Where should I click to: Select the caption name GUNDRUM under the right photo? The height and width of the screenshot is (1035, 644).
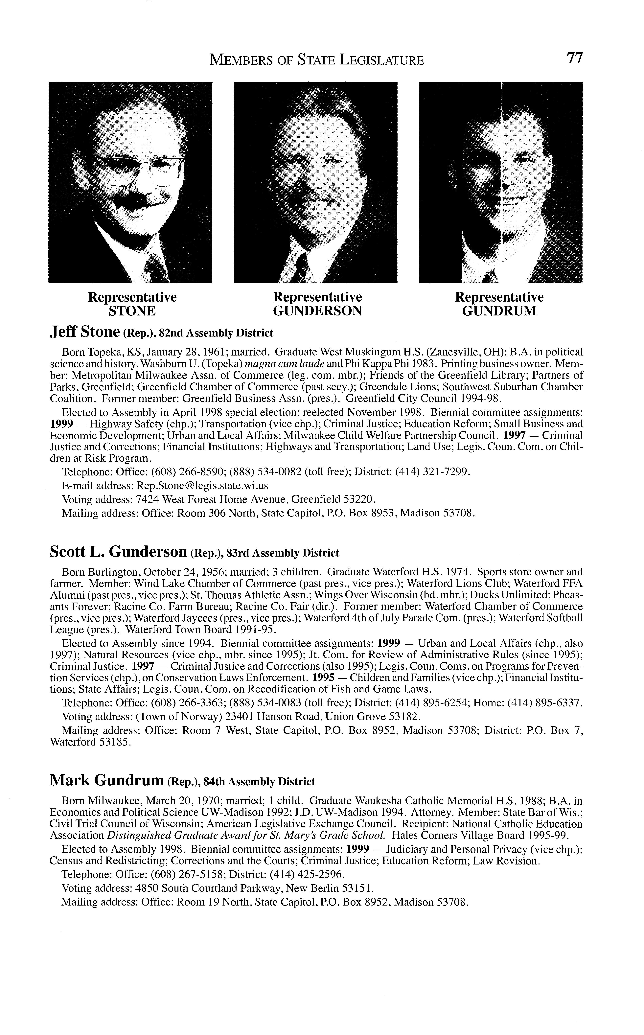click(x=499, y=311)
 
